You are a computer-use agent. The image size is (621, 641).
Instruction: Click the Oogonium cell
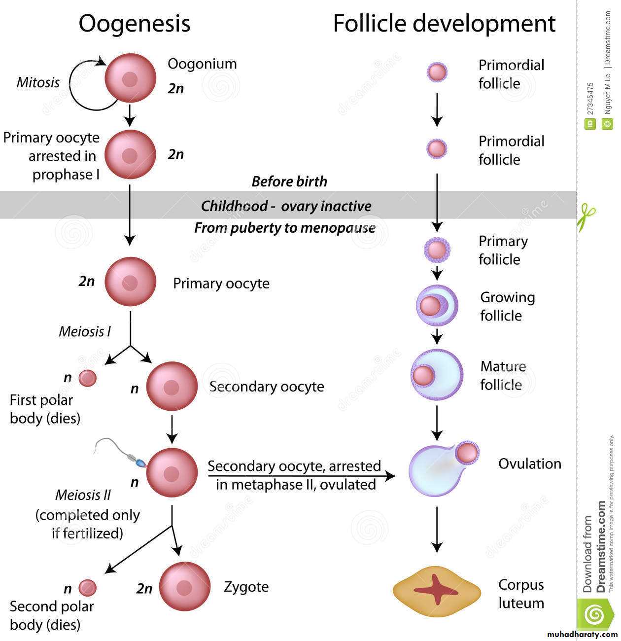pyautogui.click(x=130, y=78)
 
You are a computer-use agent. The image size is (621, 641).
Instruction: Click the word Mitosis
pyautogui.click(x=38, y=82)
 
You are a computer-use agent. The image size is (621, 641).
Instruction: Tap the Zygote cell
pyautogui.click(x=184, y=587)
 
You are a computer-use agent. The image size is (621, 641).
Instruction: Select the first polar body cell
pyautogui.click(x=88, y=378)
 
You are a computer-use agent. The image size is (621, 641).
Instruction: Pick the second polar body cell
pyautogui.click(x=88, y=588)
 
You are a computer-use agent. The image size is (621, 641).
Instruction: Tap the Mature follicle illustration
pyautogui.click(x=437, y=375)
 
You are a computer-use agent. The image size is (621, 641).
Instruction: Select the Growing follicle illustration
pyautogui.click(x=437, y=306)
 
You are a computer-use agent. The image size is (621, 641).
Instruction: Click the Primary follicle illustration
pyautogui.click(x=437, y=250)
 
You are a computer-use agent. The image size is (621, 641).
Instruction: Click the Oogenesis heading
pyautogui.click(x=134, y=24)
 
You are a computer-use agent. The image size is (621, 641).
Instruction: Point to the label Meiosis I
pyautogui.click(x=85, y=331)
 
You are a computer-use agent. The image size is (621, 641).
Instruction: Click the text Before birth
pyautogui.click(x=289, y=181)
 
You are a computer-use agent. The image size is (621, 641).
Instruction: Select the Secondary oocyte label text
pyautogui.click(x=267, y=387)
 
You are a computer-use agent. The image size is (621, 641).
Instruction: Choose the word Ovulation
pyautogui.click(x=530, y=463)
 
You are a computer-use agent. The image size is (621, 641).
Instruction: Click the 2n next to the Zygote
pyautogui.click(x=144, y=588)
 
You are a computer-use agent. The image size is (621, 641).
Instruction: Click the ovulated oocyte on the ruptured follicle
pyautogui.click(x=467, y=453)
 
